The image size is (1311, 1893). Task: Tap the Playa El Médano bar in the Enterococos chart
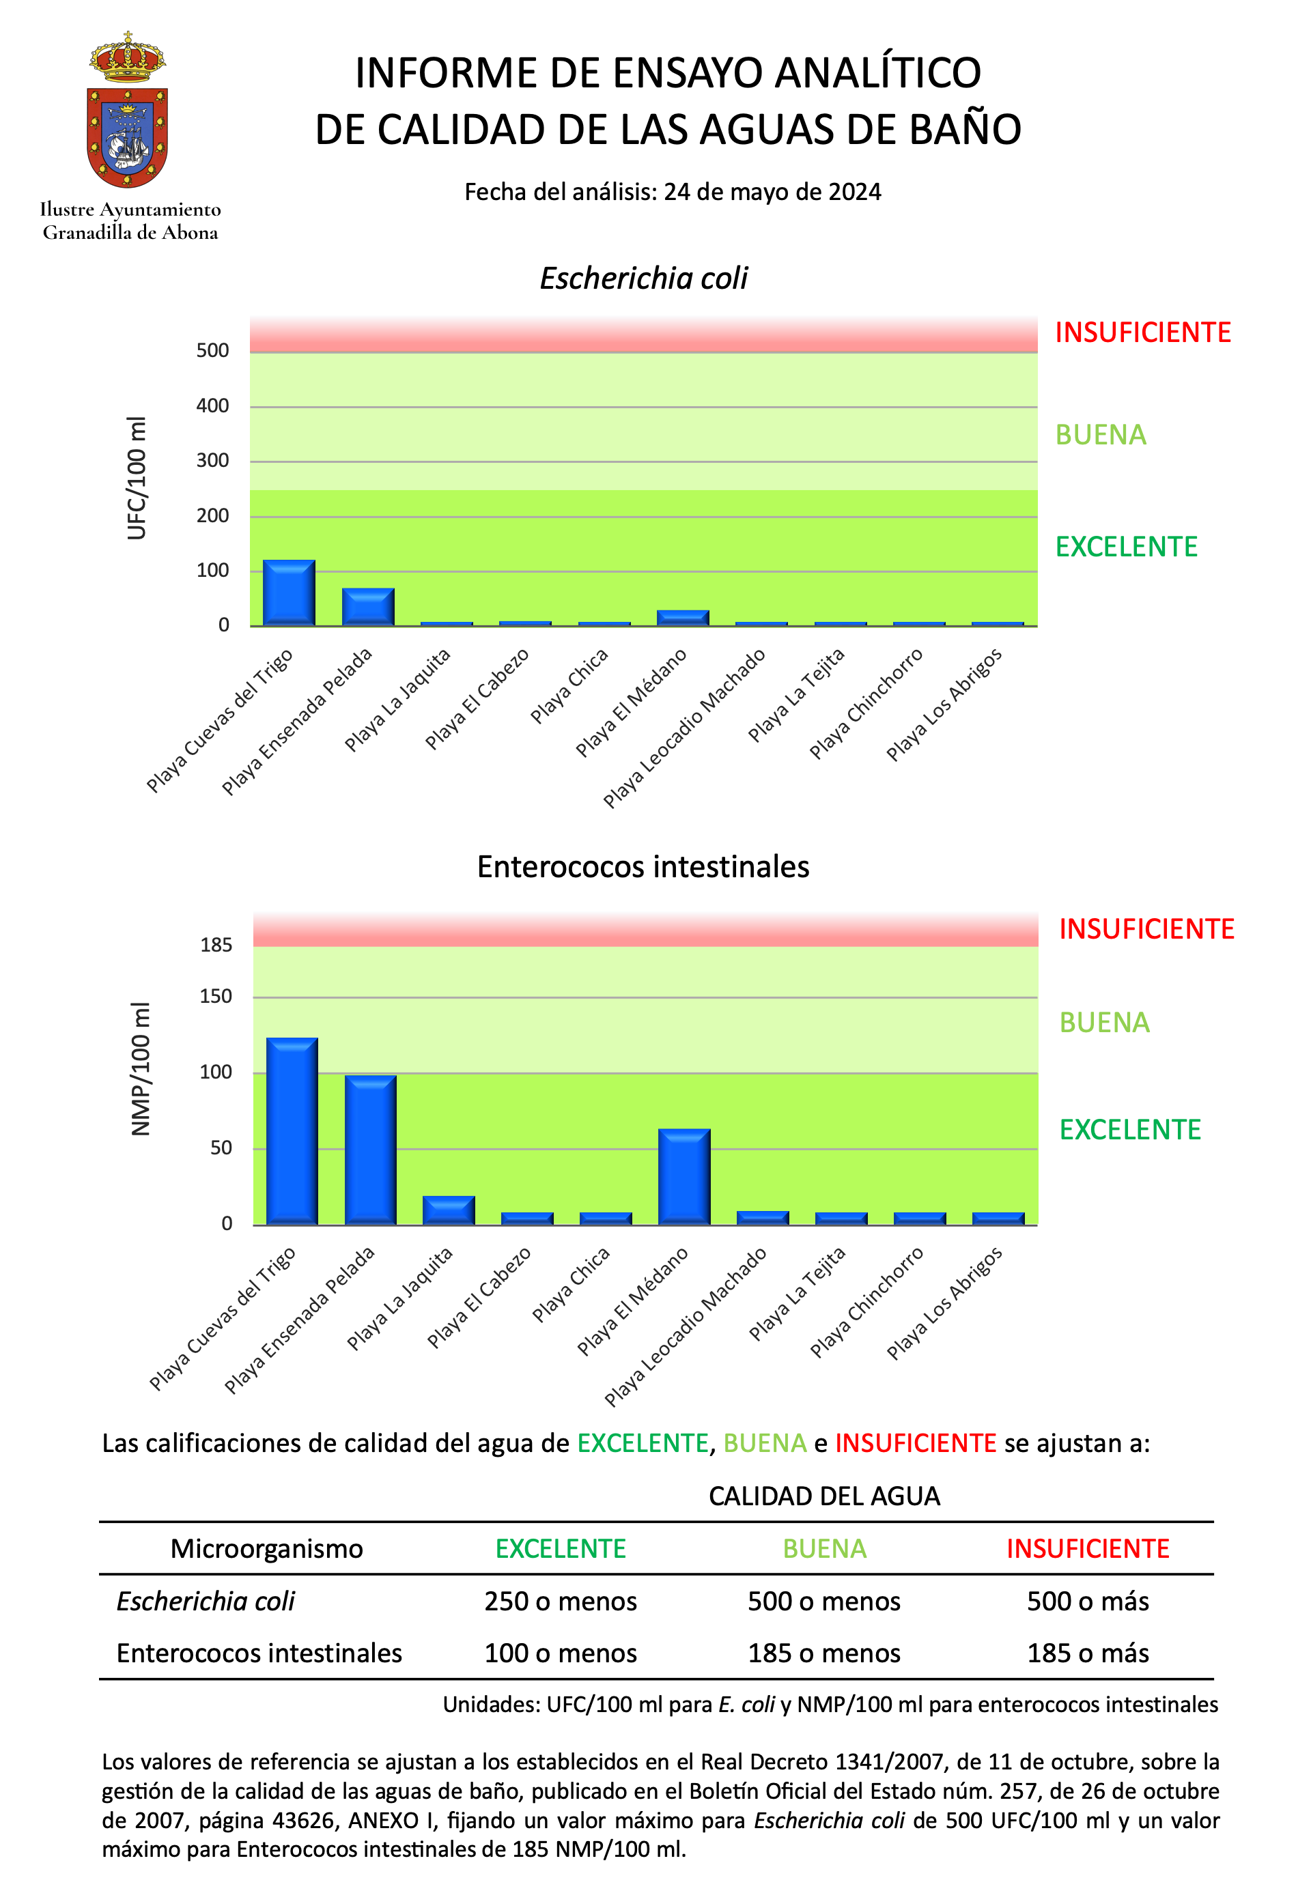click(684, 1176)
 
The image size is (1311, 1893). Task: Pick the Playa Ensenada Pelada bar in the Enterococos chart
click(371, 1149)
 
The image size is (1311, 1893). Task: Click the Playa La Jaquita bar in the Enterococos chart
click(449, 1210)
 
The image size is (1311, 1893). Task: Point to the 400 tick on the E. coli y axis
click(213, 405)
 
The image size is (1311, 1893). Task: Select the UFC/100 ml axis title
click(137, 478)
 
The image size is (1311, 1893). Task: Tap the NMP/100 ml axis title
click(141, 1068)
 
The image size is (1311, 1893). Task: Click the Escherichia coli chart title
click(643, 279)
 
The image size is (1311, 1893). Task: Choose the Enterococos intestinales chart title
click(643, 866)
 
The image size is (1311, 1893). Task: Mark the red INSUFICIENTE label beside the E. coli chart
click(1142, 332)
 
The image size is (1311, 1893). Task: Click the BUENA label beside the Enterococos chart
click(1104, 1023)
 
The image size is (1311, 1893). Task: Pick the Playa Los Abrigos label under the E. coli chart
click(944, 704)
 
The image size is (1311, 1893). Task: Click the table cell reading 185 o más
click(1088, 1653)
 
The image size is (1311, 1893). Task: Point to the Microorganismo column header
click(266, 1548)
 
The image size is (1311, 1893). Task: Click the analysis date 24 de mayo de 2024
click(772, 191)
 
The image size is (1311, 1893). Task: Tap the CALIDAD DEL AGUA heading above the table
click(824, 1496)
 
